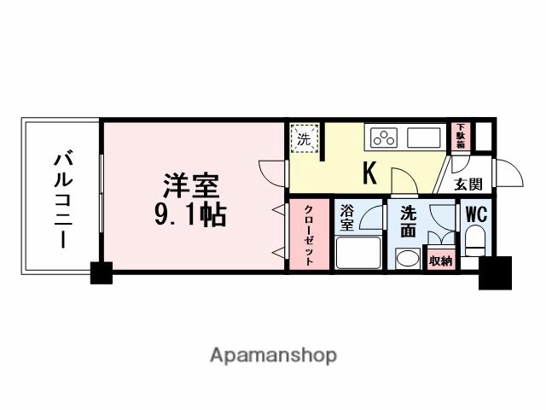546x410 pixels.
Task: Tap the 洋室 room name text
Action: point(191,186)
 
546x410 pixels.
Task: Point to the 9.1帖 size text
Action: point(190,214)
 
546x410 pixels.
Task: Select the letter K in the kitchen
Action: point(370,173)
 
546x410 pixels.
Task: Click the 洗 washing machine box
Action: point(305,138)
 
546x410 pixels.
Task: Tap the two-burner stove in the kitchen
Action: point(384,137)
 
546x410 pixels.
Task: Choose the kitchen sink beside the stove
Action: point(422,137)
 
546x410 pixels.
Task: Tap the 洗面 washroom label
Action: point(408,220)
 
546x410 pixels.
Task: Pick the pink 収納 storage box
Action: point(440,261)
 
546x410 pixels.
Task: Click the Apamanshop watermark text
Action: point(273,354)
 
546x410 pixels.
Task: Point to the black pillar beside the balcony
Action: point(102,273)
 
